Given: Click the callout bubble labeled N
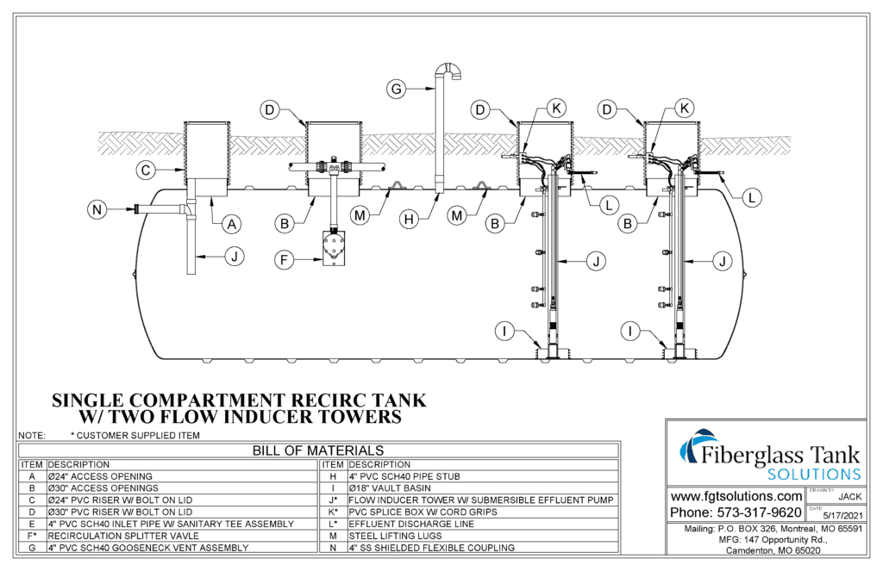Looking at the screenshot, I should click(x=97, y=208).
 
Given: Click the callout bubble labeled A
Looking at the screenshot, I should click(x=230, y=224).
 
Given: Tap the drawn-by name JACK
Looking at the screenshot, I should click(x=849, y=497).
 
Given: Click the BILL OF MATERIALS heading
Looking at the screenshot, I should click(x=318, y=450).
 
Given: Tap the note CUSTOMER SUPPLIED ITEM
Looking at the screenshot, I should click(x=135, y=436).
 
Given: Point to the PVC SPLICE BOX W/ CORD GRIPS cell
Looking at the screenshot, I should click(x=410, y=512).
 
